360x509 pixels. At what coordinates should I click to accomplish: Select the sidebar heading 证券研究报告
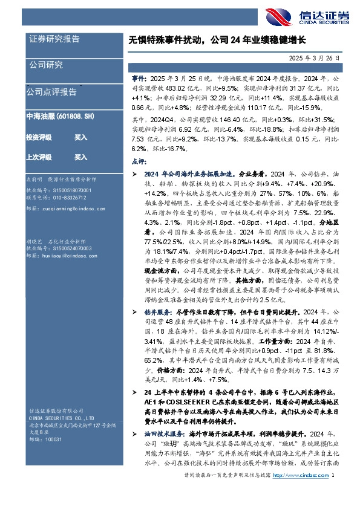(x=55, y=39)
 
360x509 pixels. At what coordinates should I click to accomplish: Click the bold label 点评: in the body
(x=139, y=161)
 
